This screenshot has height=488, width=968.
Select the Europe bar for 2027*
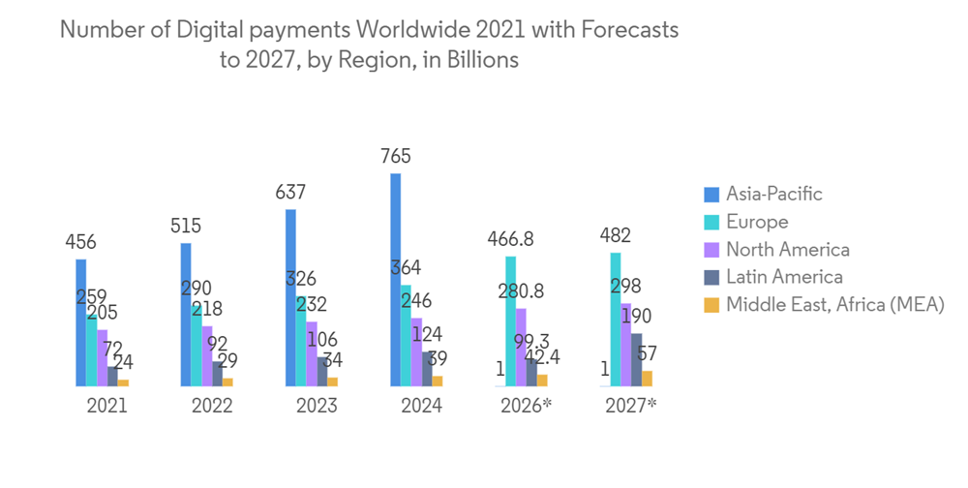616,320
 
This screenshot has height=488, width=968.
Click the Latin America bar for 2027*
636,359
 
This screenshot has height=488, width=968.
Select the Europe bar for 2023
301,341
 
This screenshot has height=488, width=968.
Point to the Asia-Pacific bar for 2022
186,314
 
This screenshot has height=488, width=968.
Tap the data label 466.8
510,239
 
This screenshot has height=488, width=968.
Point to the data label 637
290,193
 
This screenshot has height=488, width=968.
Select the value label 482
616,236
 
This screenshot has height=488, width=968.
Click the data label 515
185,227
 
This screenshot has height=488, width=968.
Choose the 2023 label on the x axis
317,406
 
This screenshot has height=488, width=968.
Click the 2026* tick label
526,406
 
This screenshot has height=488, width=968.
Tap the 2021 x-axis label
106,406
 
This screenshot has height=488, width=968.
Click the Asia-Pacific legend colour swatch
712,195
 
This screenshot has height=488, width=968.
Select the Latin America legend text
784,277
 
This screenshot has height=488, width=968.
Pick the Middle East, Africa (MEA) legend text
834,305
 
